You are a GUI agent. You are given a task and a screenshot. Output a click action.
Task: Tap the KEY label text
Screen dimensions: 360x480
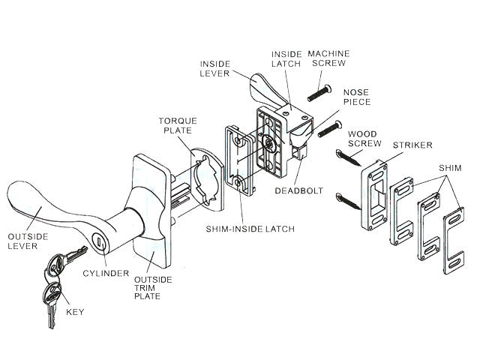(x=74, y=310)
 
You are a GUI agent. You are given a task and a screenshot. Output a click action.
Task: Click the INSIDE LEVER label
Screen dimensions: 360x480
(x=214, y=68)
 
